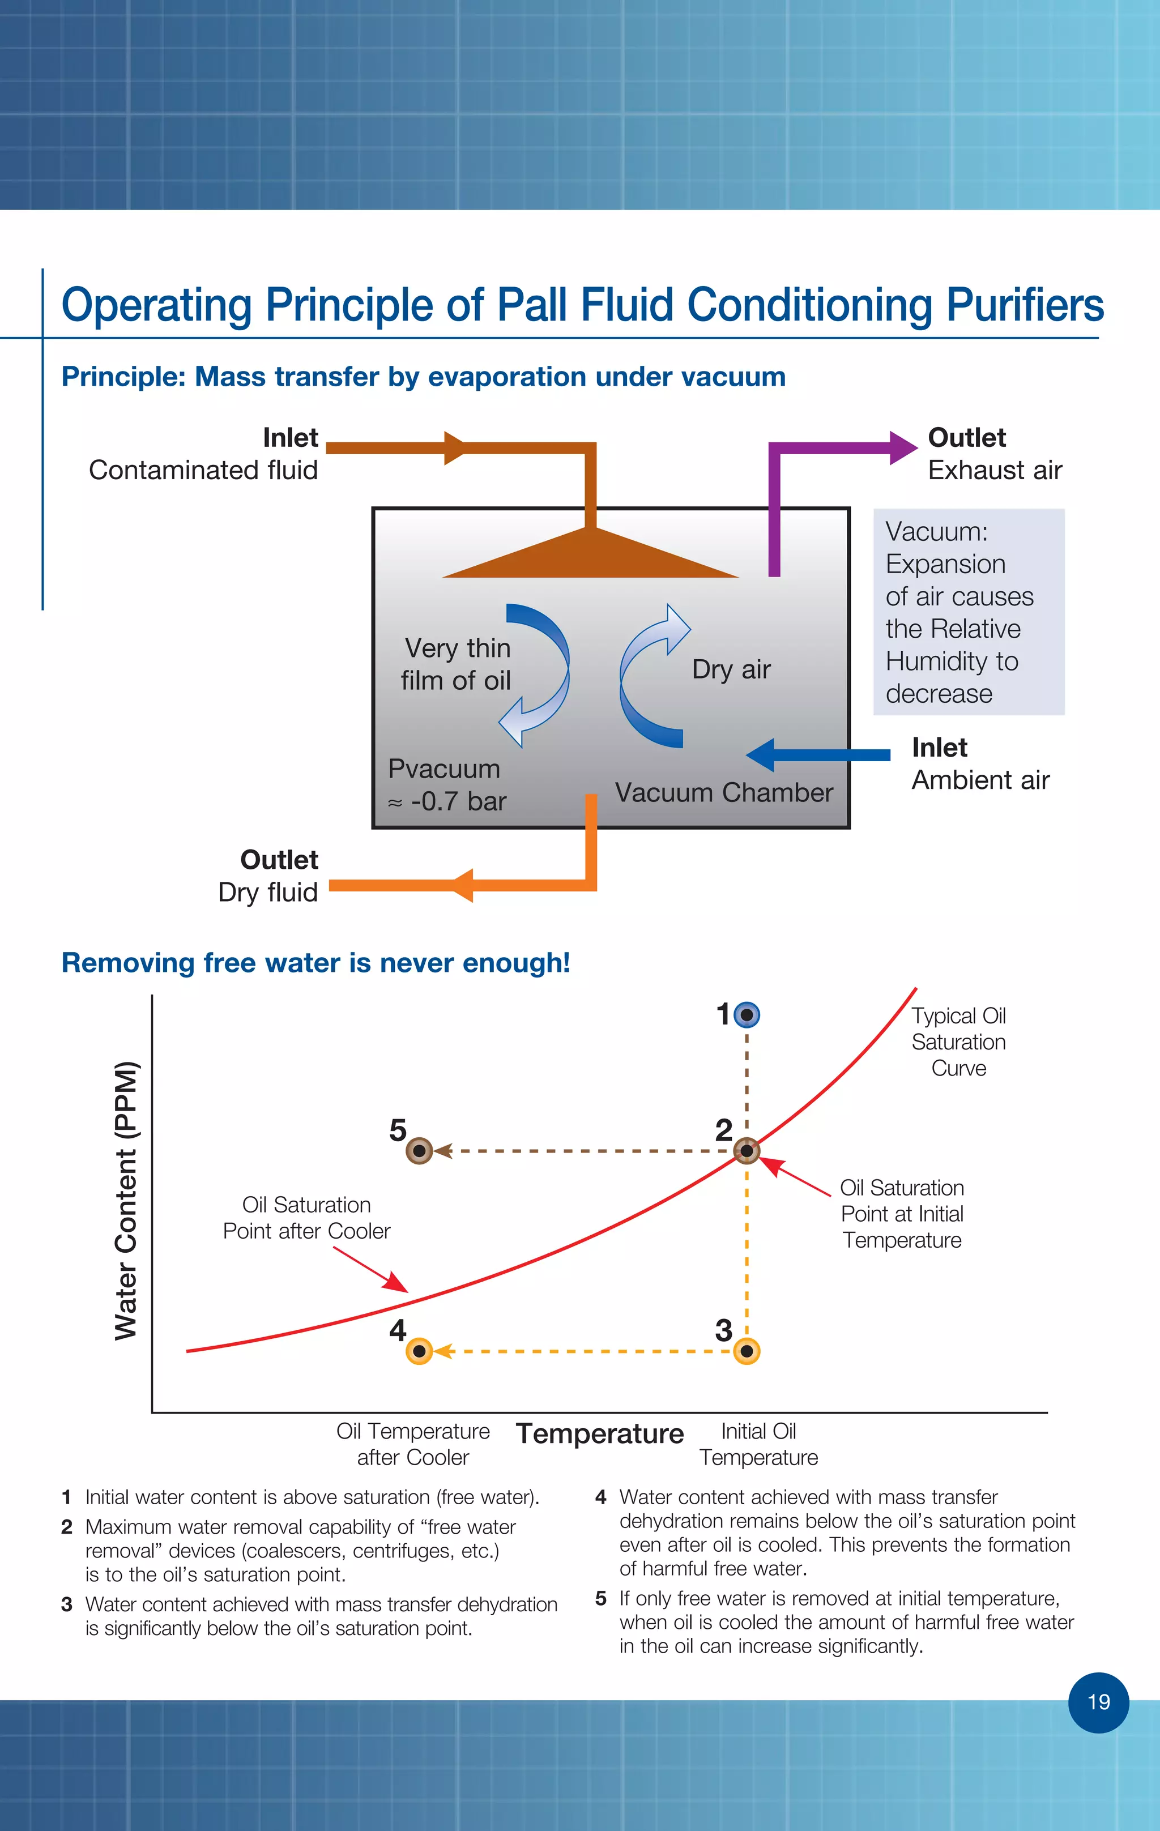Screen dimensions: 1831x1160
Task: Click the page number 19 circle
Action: click(x=1098, y=1702)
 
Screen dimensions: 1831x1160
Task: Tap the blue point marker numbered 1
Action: click(x=747, y=1014)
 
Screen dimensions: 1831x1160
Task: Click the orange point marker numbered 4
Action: click(x=419, y=1351)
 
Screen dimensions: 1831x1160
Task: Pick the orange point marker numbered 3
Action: click(x=747, y=1351)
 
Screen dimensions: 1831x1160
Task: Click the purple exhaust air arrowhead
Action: click(x=903, y=448)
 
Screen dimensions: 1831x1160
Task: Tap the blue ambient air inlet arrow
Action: click(x=818, y=755)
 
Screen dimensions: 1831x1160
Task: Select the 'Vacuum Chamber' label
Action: click(x=723, y=792)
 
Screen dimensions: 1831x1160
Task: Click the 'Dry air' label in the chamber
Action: click(x=731, y=669)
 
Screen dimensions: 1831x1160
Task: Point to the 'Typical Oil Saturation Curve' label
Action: click(x=958, y=1042)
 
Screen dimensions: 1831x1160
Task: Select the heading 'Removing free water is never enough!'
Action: click(x=315, y=963)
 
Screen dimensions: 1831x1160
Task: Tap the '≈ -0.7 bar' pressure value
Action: click(x=447, y=801)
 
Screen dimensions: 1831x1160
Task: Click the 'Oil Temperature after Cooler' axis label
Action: click(x=413, y=1444)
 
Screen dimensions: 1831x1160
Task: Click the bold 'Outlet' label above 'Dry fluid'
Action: click(x=279, y=860)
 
